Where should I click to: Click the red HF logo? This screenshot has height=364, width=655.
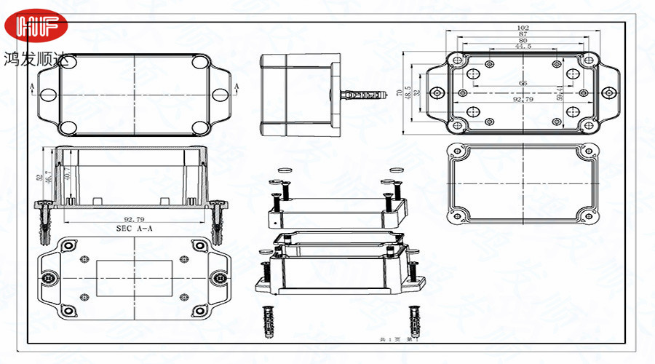pyautogui.click(x=36, y=28)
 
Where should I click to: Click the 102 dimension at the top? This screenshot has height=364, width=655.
pyautogui.click(x=523, y=28)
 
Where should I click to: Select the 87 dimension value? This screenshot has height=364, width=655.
pyautogui.click(x=523, y=35)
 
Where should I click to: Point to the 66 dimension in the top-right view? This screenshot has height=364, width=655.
pyautogui.click(x=523, y=83)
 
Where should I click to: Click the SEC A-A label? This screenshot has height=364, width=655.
pyautogui.click(x=135, y=228)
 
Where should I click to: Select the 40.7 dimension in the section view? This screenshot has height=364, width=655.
pyautogui.click(x=68, y=174)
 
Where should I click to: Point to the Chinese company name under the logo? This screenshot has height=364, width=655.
pyautogui.click(x=40, y=58)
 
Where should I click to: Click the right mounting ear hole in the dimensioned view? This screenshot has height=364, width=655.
pyautogui.click(x=608, y=92)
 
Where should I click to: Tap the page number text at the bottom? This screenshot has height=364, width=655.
pyautogui.click(x=400, y=339)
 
